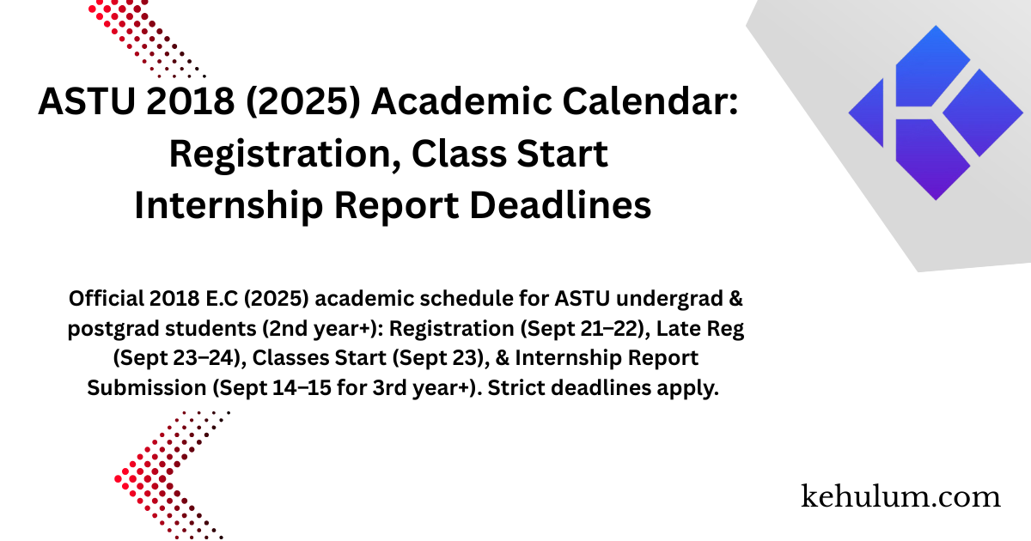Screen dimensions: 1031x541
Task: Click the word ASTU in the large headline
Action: click(87, 101)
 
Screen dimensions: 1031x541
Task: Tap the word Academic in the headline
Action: click(461, 101)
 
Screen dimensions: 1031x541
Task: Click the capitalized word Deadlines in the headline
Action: click(560, 205)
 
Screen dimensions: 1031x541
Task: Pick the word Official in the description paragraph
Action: click(107, 299)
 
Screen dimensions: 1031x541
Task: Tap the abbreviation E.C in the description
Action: click(222, 299)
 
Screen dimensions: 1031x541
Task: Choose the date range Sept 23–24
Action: click(180, 358)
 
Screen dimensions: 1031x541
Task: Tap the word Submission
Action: click(147, 388)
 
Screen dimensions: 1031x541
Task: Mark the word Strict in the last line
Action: click(516, 388)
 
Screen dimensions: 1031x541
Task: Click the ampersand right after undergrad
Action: click(736, 299)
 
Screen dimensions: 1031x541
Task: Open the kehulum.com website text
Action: click(900, 497)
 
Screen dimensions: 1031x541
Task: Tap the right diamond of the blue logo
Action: click(983, 112)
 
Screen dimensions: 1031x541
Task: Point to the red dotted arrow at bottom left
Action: click(171, 476)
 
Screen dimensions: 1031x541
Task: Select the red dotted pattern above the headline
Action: click(146, 39)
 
